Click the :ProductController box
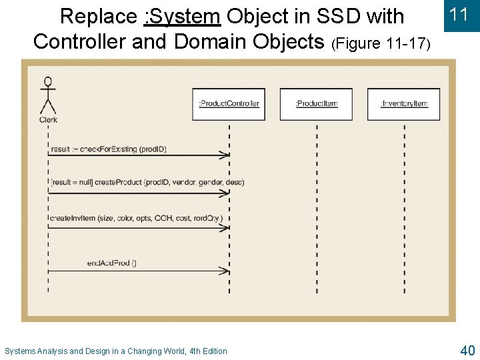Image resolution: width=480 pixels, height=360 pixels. point(229,104)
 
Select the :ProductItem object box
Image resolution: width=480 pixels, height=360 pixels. point(317,104)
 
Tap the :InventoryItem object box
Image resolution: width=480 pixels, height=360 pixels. point(404,104)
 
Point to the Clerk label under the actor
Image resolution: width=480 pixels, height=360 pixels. point(48,120)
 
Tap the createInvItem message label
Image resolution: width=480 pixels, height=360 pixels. point(135,218)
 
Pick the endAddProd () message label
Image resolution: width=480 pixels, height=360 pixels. point(112,263)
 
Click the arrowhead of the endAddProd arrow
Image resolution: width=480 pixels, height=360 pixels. point(226,271)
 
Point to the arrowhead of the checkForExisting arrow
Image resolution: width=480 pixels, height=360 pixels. point(226,155)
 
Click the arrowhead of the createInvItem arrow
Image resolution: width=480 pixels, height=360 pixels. point(226,227)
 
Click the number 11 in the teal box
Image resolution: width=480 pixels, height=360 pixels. point(459,15)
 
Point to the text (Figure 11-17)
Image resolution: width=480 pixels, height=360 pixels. point(381,44)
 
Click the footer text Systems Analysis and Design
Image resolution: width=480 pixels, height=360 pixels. point(116,351)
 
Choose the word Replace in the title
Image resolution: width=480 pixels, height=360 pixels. point(98,16)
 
